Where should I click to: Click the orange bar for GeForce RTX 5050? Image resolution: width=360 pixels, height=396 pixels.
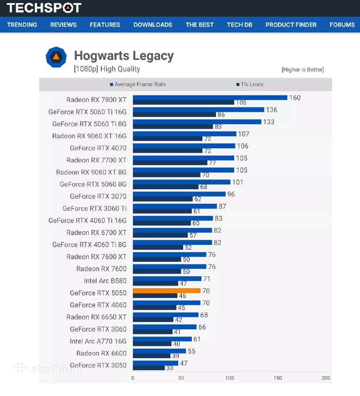point(166,291)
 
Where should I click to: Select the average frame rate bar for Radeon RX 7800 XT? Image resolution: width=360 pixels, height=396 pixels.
point(210,98)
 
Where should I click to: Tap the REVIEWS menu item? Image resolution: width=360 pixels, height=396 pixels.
point(63,25)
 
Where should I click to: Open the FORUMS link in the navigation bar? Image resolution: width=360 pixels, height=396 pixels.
point(342,25)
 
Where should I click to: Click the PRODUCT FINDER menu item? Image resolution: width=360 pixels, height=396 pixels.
point(291,25)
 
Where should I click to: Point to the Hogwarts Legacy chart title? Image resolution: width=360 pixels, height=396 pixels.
point(124,56)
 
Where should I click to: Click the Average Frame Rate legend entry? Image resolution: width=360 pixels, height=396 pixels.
point(138,84)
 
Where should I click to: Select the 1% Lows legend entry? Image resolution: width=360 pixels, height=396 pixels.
point(250,84)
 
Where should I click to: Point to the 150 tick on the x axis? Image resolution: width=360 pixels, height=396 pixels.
point(278,378)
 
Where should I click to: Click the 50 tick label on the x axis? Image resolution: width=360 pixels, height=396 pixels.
point(181,378)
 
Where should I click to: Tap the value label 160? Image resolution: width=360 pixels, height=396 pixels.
point(295,98)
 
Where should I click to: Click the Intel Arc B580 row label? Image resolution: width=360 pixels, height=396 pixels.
point(105,281)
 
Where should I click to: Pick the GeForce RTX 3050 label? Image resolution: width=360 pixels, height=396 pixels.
point(98,365)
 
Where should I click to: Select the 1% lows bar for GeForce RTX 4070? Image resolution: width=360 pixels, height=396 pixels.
point(168,150)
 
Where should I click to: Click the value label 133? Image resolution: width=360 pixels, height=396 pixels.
point(269,122)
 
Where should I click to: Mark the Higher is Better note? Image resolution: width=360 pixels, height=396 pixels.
point(303,70)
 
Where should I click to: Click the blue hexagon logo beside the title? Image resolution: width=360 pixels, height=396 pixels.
point(56,57)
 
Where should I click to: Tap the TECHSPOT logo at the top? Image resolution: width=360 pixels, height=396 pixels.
point(44,7)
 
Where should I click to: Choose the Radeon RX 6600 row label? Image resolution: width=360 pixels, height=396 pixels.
point(101,353)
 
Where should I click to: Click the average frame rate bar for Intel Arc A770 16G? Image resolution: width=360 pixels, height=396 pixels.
point(162,339)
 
